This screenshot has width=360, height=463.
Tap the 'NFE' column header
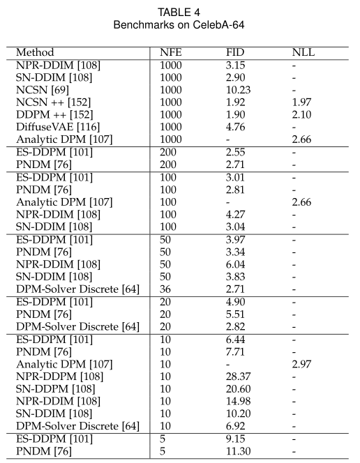pyautogui.click(x=170, y=52)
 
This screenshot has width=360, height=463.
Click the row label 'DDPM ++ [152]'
pyautogui.click(x=52, y=114)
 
